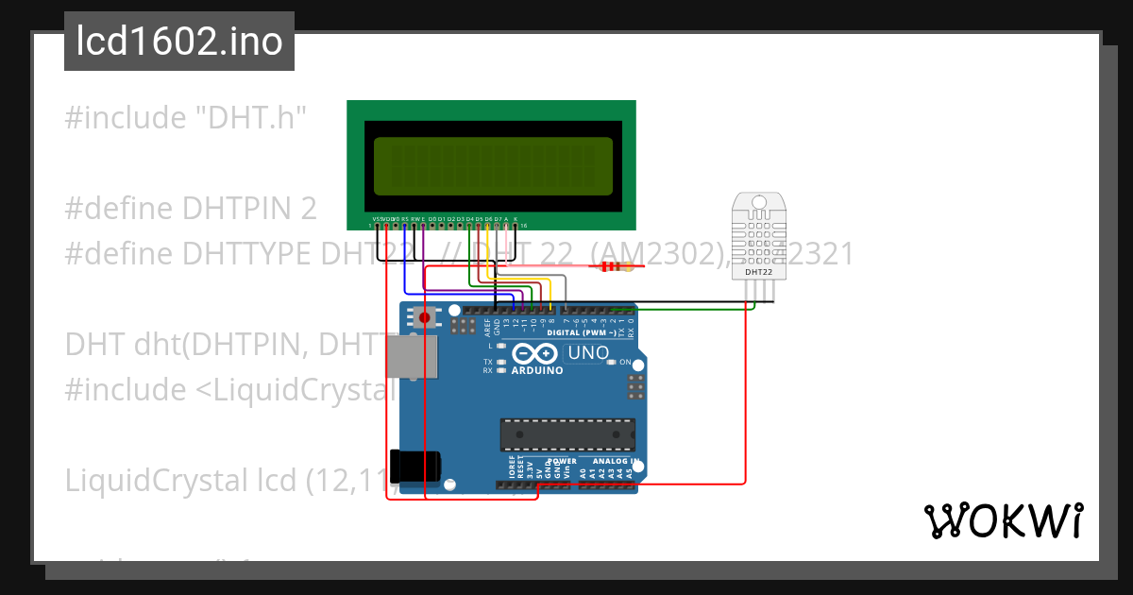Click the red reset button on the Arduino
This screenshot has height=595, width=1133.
tap(424, 317)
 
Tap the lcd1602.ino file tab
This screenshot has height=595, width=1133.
tap(179, 42)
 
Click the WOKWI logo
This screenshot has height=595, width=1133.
tap(1002, 520)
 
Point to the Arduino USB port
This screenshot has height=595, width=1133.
tap(414, 358)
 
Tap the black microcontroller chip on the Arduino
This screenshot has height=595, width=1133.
tap(566, 433)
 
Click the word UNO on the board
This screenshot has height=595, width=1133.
tap(587, 353)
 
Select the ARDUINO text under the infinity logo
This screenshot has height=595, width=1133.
tap(536, 370)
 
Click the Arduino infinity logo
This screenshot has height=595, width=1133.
tap(535, 353)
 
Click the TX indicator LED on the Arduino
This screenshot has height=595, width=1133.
tap(502, 362)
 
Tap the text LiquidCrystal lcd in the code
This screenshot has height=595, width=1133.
tap(179, 480)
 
